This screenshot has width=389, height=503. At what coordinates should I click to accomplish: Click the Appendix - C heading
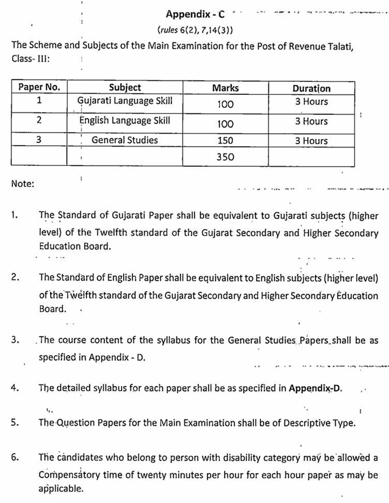tap(196, 14)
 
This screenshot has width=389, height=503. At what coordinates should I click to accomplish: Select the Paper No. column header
tap(39, 88)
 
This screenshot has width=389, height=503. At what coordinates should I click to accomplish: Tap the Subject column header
tap(125, 88)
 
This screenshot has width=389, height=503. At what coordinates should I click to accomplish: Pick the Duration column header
tap(311, 88)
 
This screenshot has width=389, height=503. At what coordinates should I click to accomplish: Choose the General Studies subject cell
tap(125, 140)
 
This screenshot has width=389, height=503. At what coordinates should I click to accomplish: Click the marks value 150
tap(225, 140)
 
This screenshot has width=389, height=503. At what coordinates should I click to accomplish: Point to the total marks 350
tap(225, 157)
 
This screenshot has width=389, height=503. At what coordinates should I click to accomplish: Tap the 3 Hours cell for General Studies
tap(311, 141)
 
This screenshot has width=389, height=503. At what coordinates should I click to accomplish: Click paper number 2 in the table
tap(39, 121)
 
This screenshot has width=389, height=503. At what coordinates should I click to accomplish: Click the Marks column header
tap(225, 88)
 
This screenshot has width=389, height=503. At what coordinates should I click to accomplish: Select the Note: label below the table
tap(22, 183)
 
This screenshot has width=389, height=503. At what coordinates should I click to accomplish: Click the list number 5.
tap(15, 422)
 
